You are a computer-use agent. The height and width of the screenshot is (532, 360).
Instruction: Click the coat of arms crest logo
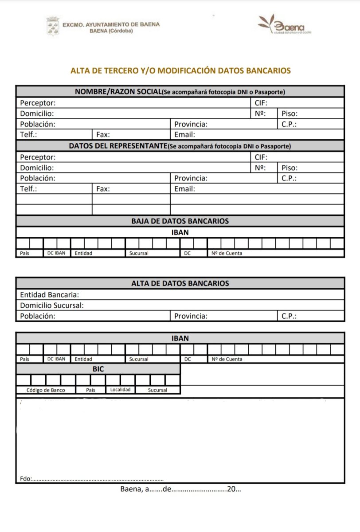[x=52, y=26]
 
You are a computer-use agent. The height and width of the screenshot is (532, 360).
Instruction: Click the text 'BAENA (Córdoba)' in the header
[x=111, y=31]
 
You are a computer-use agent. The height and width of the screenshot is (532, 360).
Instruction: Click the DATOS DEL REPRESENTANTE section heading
[x=117, y=146]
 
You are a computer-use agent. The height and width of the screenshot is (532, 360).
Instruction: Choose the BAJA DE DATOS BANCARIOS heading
[x=180, y=221]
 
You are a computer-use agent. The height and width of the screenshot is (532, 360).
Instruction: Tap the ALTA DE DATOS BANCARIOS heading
[x=180, y=283]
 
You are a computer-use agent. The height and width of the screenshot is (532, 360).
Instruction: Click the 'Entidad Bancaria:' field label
[x=49, y=294]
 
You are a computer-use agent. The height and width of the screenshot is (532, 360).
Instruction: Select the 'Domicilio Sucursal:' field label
[x=52, y=305]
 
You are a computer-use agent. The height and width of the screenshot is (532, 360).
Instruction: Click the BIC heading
[x=98, y=369]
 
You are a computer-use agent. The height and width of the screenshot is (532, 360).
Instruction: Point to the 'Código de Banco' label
[x=46, y=390]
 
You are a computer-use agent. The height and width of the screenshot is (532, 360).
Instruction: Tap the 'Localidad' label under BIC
[x=120, y=390]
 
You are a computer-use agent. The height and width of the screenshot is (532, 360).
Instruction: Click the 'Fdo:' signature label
[x=26, y=479]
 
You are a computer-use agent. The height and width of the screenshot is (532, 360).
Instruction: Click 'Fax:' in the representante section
[x=103, y=189]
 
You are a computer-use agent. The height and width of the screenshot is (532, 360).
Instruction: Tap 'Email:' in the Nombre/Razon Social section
[x=184, y=135]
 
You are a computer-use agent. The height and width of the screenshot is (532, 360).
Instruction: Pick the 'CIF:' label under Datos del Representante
[x=262, y=157]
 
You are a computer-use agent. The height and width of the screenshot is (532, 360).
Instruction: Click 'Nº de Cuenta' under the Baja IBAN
[x=227, y=254]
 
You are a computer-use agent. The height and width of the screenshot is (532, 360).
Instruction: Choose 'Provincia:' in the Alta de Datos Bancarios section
[x=191, y=316]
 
